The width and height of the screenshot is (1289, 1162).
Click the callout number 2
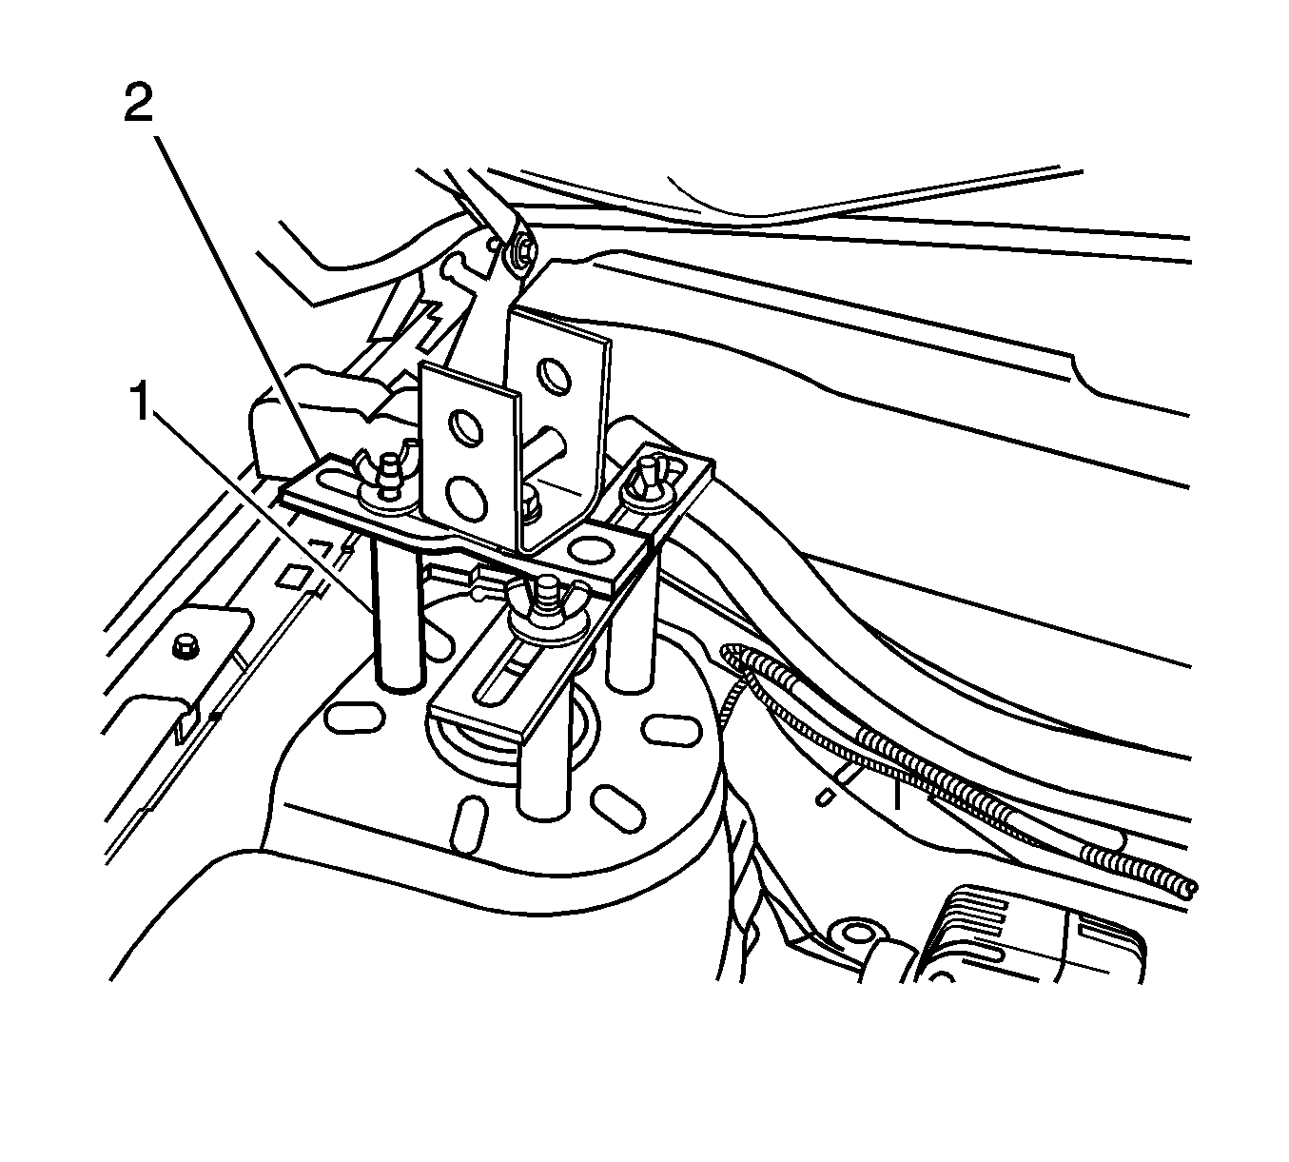click(x=138, y=105)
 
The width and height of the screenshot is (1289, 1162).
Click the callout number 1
click(x=141, y=400)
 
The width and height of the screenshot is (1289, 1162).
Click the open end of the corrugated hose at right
click(x=1189, y=890)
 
